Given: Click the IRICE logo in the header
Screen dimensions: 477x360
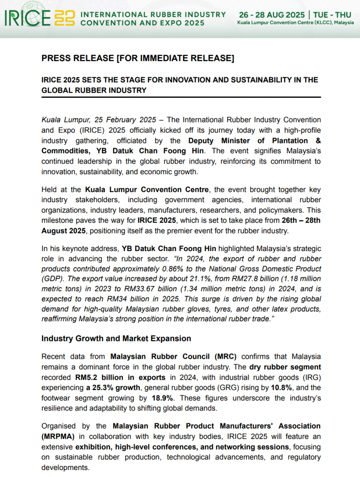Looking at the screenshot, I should pos(39,18).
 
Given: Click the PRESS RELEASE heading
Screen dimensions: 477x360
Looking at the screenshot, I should pos(137,58).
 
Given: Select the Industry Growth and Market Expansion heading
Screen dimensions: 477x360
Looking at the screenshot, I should pos(116,338).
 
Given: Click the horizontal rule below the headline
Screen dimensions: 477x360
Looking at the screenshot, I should pos(181,96).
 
